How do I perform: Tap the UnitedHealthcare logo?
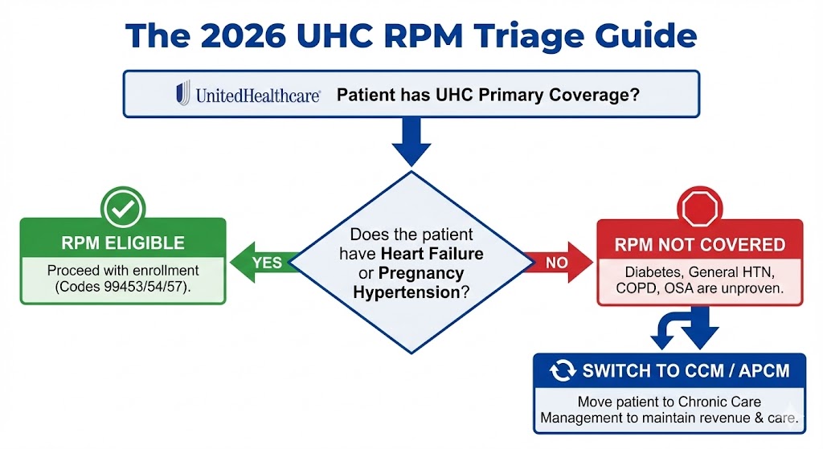(249, 95)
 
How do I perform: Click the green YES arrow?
(261, 263)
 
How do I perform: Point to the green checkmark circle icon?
(122, 210)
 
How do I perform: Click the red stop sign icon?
(699, 211)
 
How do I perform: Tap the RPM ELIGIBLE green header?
(123, 243)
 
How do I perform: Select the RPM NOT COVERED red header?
(699, 244)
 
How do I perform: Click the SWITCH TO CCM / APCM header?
(686, 371)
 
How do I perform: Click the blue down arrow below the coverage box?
(411, 142)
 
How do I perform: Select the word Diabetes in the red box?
(641, 271)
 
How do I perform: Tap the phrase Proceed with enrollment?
(123, 270)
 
